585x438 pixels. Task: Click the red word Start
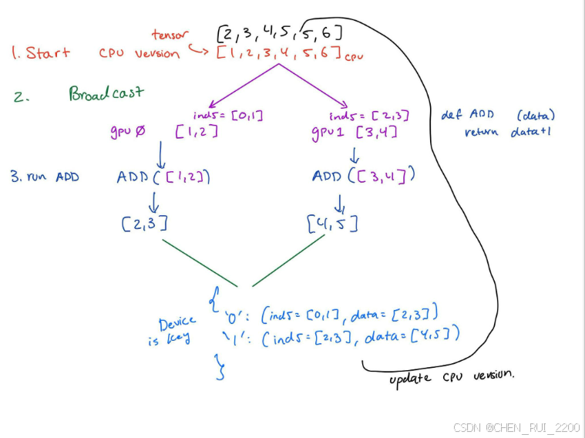coord(48,53)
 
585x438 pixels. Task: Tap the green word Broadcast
coord(106,93)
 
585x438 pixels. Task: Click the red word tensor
coord(169,34)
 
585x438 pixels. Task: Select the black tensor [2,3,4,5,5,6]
coord(279,33)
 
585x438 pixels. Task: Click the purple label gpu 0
coord(126,133)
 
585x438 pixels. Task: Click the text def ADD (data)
coord(497,115)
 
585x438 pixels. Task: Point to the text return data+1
coord(509,132)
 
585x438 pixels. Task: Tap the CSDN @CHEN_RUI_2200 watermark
coord(516,426)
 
